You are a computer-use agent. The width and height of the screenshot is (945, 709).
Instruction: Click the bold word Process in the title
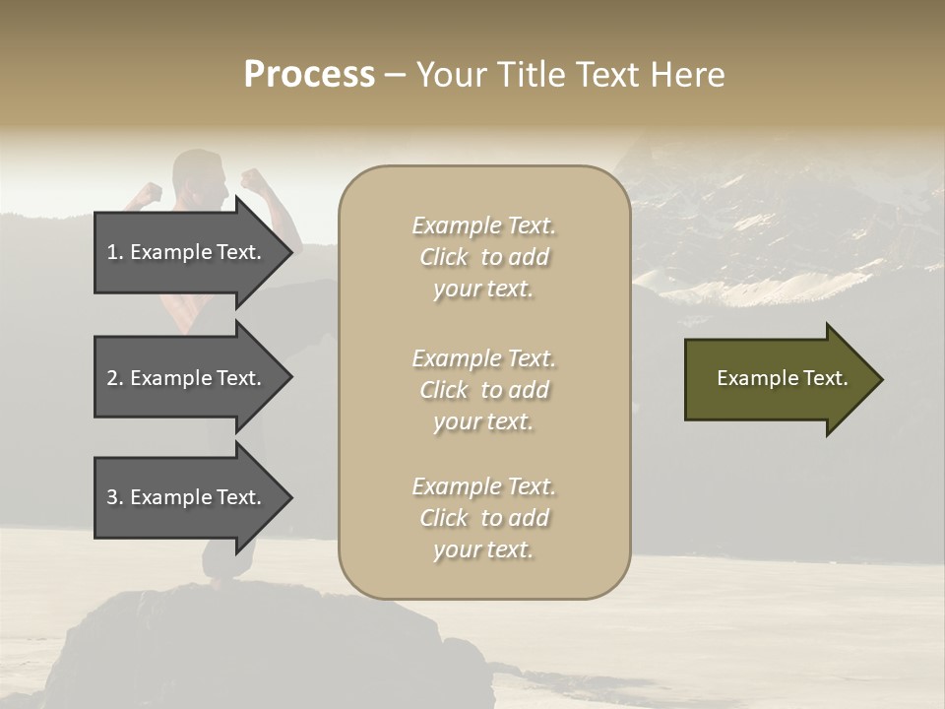[309, 75]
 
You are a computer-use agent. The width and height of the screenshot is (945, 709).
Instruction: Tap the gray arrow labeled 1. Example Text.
[187, 252]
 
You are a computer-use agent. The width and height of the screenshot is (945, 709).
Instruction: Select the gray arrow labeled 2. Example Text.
[187, 378]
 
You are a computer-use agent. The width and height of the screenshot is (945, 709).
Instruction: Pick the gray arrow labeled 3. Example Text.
[187, 498]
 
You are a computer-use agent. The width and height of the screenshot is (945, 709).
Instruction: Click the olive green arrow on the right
[778, 379]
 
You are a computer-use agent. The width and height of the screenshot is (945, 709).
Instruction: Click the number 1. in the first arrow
[115, 252]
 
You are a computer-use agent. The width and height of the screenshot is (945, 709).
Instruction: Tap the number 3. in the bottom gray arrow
[115, 498]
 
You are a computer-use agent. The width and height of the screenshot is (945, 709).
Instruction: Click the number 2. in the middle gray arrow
[115, 378]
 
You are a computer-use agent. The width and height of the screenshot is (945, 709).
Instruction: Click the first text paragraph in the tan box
[483, 257]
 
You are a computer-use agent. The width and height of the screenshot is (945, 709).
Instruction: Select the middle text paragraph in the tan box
[483, 390]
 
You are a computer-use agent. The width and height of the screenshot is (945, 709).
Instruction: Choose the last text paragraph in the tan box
[483, 518]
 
